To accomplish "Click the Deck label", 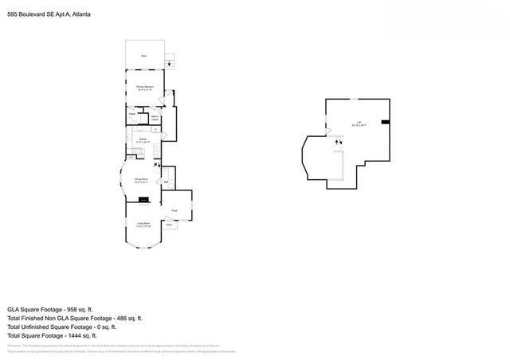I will [x=144, y=56].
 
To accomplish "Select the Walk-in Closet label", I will [x=156, y=118].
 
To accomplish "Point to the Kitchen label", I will [x=143, y=140].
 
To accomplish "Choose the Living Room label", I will [x=143, y=225].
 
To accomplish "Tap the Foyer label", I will [x=174, y=209].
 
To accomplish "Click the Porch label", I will [x=169, y=225].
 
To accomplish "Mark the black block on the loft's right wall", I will [x=385, y=122].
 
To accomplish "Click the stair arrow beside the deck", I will [x=169, y=64].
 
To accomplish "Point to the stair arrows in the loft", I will [x=338, y=142].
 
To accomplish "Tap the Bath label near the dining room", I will [x=165, y=182].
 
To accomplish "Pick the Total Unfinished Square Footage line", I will [x=61, y=327].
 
